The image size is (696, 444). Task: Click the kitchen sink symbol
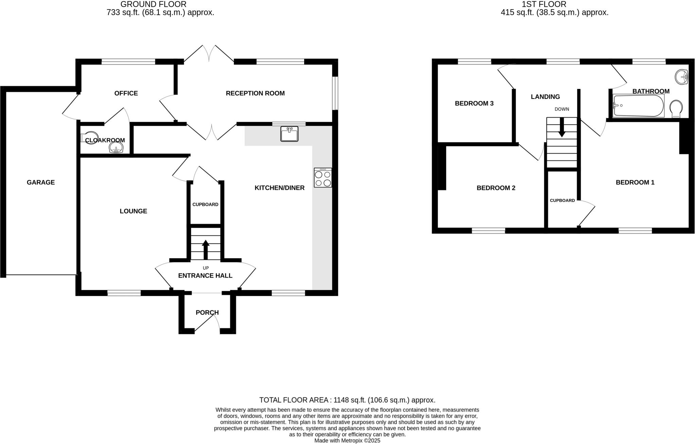(289, 134)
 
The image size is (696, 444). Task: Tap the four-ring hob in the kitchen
(323, 178)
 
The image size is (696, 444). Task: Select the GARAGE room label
(41, 182)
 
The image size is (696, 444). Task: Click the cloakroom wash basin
(116, 147)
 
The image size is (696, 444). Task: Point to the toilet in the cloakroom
(89, 138)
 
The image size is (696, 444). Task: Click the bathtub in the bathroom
(638, 106)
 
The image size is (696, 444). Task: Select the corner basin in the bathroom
(681, 76)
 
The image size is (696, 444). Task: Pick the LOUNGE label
(133, 211)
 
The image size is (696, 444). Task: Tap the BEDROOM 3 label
(474, 104)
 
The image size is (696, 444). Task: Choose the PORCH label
(207, 313)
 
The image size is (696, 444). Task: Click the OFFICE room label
(126, 93)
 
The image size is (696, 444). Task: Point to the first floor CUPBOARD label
(562, 200)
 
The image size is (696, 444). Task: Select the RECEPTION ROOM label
(255, 93)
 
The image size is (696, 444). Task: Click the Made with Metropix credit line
(347, 441)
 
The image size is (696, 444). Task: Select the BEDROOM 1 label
(635, 182)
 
